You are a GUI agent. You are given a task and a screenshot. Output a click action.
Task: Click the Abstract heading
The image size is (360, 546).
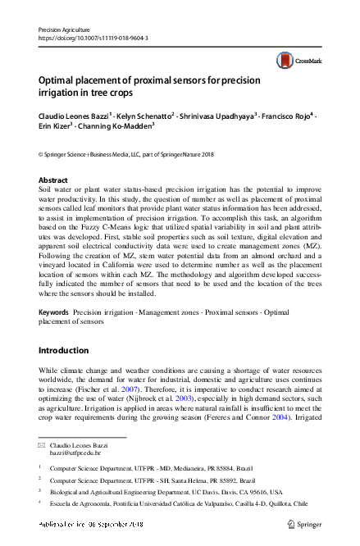click(54, 180)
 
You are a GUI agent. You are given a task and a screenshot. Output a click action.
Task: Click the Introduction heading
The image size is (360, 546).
click(68, 350)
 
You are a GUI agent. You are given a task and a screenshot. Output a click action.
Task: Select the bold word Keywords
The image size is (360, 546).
click(54, 313)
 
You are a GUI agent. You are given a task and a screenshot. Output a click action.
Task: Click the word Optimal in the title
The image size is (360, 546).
click(60, 80)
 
